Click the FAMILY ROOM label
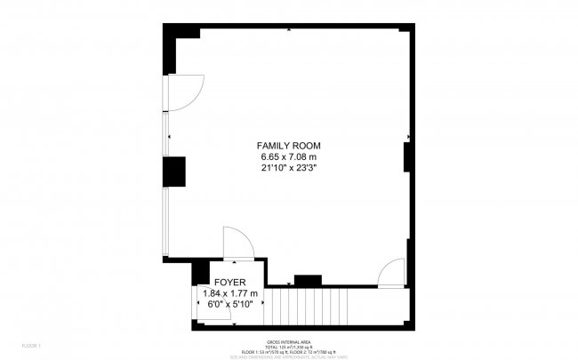pyautogui.click(x=288, y=146)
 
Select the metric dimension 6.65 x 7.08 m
pyautogui.click(x=288, y=156)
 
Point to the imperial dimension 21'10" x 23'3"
pyautogui.click(x=288, y=167)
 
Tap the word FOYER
pyautogui.click(x=229, y=283)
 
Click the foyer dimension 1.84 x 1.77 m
pyautogui.click(x=229, y=293)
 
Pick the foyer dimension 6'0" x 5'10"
pyautogui.click(x=229, y=304)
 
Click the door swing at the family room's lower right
pyautogui.click(x=392, y=274)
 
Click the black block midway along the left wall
pyautogui.click(x=173, y=171)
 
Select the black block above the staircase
pyautogui.click(x=308, y=281)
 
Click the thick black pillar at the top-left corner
pyautogui.click(x=173, y=49)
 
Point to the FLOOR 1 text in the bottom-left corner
pyautogui.click(x=32, y=344)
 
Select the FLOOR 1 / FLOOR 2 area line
pyautogui.click(x=288, y=352)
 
